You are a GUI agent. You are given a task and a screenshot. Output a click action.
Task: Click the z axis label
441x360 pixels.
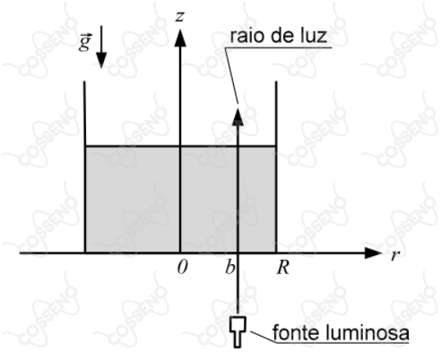tap(179, 17)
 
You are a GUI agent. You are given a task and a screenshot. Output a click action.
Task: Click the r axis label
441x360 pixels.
tap(395, 255)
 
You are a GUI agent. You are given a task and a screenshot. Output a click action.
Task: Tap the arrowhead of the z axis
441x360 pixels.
tap(180, 38)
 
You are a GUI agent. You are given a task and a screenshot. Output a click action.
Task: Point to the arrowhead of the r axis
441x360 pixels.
tap(373, 253)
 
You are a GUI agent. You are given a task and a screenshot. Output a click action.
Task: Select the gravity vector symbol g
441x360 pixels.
tap(85, 42)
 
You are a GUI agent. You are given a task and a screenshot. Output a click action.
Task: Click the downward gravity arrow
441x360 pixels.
tap(101, 47)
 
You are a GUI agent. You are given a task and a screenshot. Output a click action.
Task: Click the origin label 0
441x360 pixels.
tap(182, 267)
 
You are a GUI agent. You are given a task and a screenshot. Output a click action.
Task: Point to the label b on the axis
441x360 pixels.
tap(229, 267)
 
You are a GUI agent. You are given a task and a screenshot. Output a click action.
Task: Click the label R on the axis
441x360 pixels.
tap(282, 267)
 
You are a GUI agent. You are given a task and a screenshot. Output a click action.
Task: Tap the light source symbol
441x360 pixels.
tap(238, 332)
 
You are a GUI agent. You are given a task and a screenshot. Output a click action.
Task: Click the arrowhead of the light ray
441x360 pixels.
tap(238, 116)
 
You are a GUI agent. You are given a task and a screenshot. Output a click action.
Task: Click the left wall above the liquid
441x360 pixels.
tap(85, 114)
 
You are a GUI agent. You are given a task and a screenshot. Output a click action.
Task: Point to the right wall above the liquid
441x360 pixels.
tap(276, 114)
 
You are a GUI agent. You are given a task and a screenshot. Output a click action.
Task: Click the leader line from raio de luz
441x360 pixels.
tap(231, 75)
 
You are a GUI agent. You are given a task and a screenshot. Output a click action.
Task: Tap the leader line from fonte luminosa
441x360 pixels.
tap(263, 337)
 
